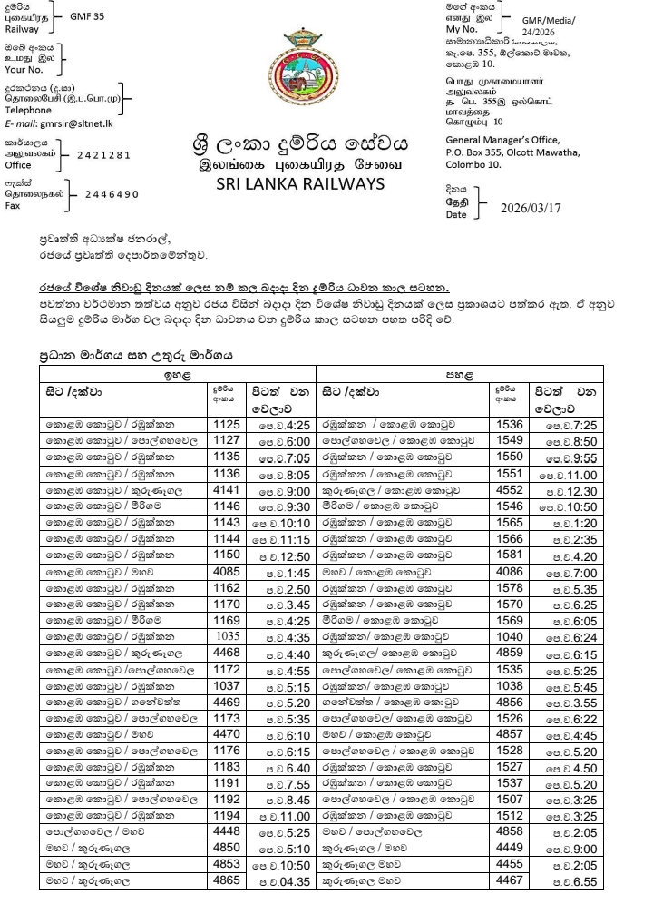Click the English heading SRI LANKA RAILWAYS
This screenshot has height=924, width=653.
[x=300, y=184]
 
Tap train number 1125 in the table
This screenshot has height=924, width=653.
[x=225, y=423]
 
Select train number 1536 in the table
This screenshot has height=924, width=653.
[x=511, y=423]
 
